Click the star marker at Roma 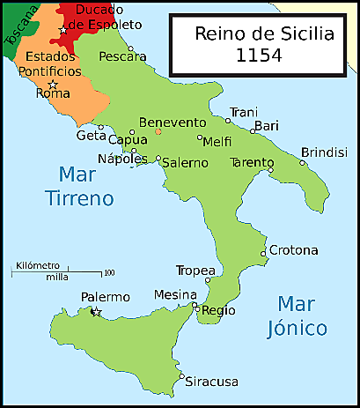coord(53,85)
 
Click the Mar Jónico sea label coord(302,315)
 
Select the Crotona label coord(293,250)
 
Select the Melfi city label coord(217,141)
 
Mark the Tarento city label coord(251,163)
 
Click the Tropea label coord(195,270)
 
